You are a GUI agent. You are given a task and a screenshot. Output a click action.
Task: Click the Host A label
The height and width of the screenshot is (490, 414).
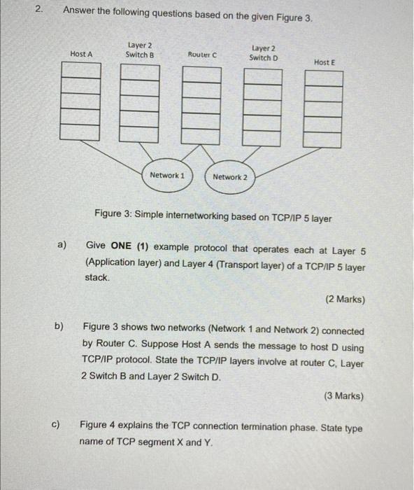click(x=81, y=54)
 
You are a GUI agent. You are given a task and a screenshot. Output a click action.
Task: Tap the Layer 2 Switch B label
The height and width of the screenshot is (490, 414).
click(x=140, y=50)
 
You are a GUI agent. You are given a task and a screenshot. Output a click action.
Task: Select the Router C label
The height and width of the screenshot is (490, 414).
click(x=202, y=54)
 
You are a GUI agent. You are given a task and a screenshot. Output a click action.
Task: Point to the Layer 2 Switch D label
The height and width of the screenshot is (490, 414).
click(x=264, y=52)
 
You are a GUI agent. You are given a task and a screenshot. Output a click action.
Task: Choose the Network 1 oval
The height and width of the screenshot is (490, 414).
click(x=166, y=175)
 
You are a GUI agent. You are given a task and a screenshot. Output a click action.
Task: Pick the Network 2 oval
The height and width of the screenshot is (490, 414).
click(x=230, y=177)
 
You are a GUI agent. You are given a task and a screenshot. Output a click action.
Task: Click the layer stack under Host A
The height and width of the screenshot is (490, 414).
click(x=79, y=101)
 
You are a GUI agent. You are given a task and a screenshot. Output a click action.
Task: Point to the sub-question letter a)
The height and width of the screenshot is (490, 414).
click(x=62, y=246)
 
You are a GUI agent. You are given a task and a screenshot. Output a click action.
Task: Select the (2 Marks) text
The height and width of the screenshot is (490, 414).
click(x=345, y=299)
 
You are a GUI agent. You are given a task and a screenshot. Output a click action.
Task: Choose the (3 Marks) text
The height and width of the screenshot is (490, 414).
click(x=343, y=395)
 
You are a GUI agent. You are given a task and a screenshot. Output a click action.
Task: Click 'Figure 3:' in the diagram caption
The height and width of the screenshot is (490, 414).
click(x=115, y=218)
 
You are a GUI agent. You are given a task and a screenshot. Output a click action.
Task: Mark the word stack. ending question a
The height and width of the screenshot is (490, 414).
click(x=97, y=278)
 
